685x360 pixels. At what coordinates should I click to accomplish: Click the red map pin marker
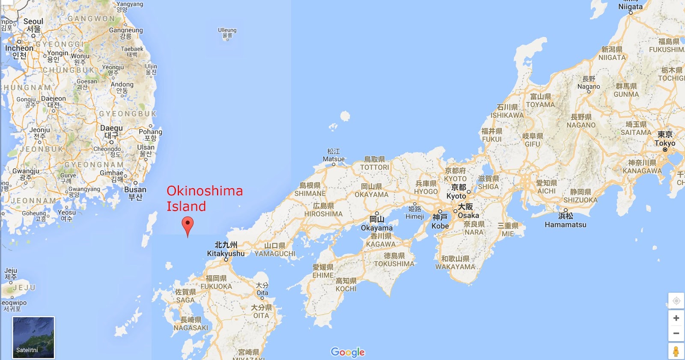[x=188, y=225]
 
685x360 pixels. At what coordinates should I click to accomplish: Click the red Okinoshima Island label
[x=204, y=198]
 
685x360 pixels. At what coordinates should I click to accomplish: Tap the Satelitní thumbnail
[x=33, y=337]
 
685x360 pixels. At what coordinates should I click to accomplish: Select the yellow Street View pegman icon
[x=676, y=351]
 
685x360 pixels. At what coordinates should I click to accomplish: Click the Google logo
[x=348, y=352]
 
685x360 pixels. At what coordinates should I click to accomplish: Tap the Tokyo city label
[x=664, y=143]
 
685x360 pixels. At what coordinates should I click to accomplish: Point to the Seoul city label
[x=33, y=21]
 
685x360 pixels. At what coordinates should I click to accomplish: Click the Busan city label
[x=135, y=189]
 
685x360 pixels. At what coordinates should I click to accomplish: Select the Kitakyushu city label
[x=226, y=253]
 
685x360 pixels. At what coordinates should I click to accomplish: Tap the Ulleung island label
[x=227, y=30]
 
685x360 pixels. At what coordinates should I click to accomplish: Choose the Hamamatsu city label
[x=565, y=224]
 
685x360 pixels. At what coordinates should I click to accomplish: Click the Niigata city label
[x=630, y=6]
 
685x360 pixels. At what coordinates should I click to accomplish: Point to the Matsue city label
[x=334, y=159]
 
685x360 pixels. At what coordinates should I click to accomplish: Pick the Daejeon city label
[x=54, y=99]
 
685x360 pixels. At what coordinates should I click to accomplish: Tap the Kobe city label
[x=440, y=226]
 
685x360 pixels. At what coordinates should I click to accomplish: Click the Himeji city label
[x=415, y=216]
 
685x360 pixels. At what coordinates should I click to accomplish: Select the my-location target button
[x=676, y=300]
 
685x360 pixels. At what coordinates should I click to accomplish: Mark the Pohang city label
[x=150, y=132]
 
